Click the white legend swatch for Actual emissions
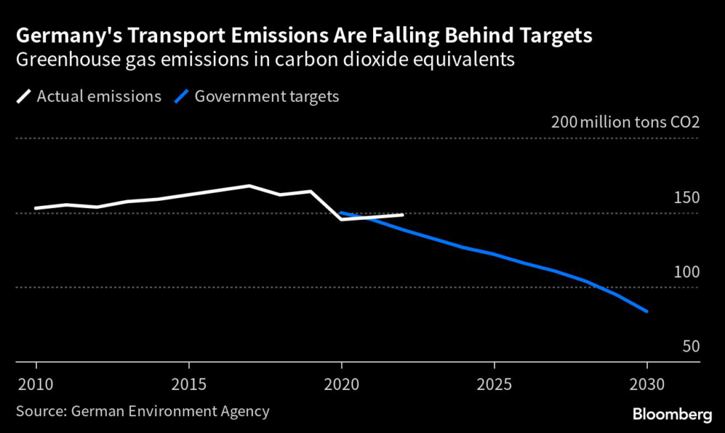click(23, 96)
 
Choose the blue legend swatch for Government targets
click(182, 96)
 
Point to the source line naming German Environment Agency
click(142, 410)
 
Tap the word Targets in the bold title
click(554, 35)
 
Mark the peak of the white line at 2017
click(249, 185)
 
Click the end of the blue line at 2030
click(646, 311)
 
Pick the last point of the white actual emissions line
click(402, 214)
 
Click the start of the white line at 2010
click(36, 208)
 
